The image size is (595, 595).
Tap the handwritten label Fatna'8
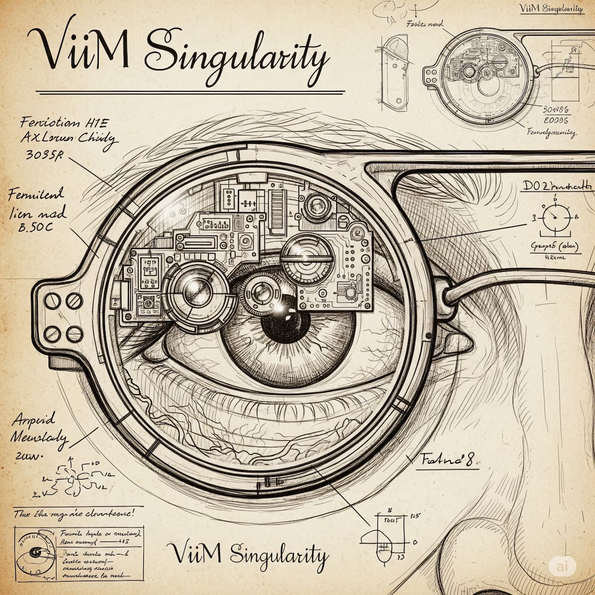pyautogui.click(x=448, y=460)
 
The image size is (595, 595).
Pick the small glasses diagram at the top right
pyautogui.click(x=476, y=74)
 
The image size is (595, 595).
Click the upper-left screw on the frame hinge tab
pyautogui.click(x=52, y=299)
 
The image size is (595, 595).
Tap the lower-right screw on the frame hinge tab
pyautogui.click(x=74, y=333)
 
